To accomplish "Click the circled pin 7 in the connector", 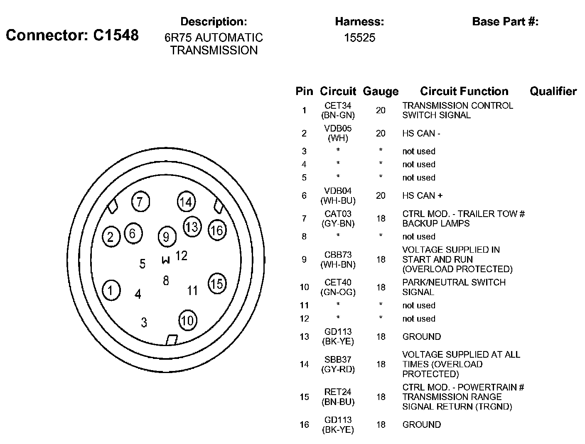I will pyautogui.click(x=140, y=202).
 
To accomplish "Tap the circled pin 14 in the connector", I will pyautogui.click(x=186, y=202).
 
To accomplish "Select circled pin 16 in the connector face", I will pyautogui.click(x=217, y=230).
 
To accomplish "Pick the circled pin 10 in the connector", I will pyautogui.click(x=187, y=320).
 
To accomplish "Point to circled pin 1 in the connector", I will pyautogui.click(x=111, y=290).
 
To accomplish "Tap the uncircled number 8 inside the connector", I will pyautogui.click(x=166, y=281).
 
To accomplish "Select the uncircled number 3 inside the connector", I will pyautogui.click(x=144, y=322).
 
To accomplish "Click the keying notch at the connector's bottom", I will pyautogui.click(x=172, y=340).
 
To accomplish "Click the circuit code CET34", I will pyautogui.click(x=338, y=106).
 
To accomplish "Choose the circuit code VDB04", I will pyautogui.click(x=338, y=191).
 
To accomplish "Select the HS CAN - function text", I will pyautogui.click(x=421, y=134).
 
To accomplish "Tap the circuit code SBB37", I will pyautogui.click(x=338, y=359).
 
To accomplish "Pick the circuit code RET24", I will pyautogui.click(x=338, y=392).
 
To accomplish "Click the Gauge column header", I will pyautogui.click(x=381, y=91).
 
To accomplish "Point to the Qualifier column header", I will pyautogui.click(x=553, y=91).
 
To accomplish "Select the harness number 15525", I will pyautogui.click(x=359, y=38).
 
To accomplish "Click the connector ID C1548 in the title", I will pyautogui.click(x=116, y=35).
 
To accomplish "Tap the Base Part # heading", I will pyautogui.click(x=505, y=22).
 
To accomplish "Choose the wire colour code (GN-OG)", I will pyautogui.click(x=338, y=292).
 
